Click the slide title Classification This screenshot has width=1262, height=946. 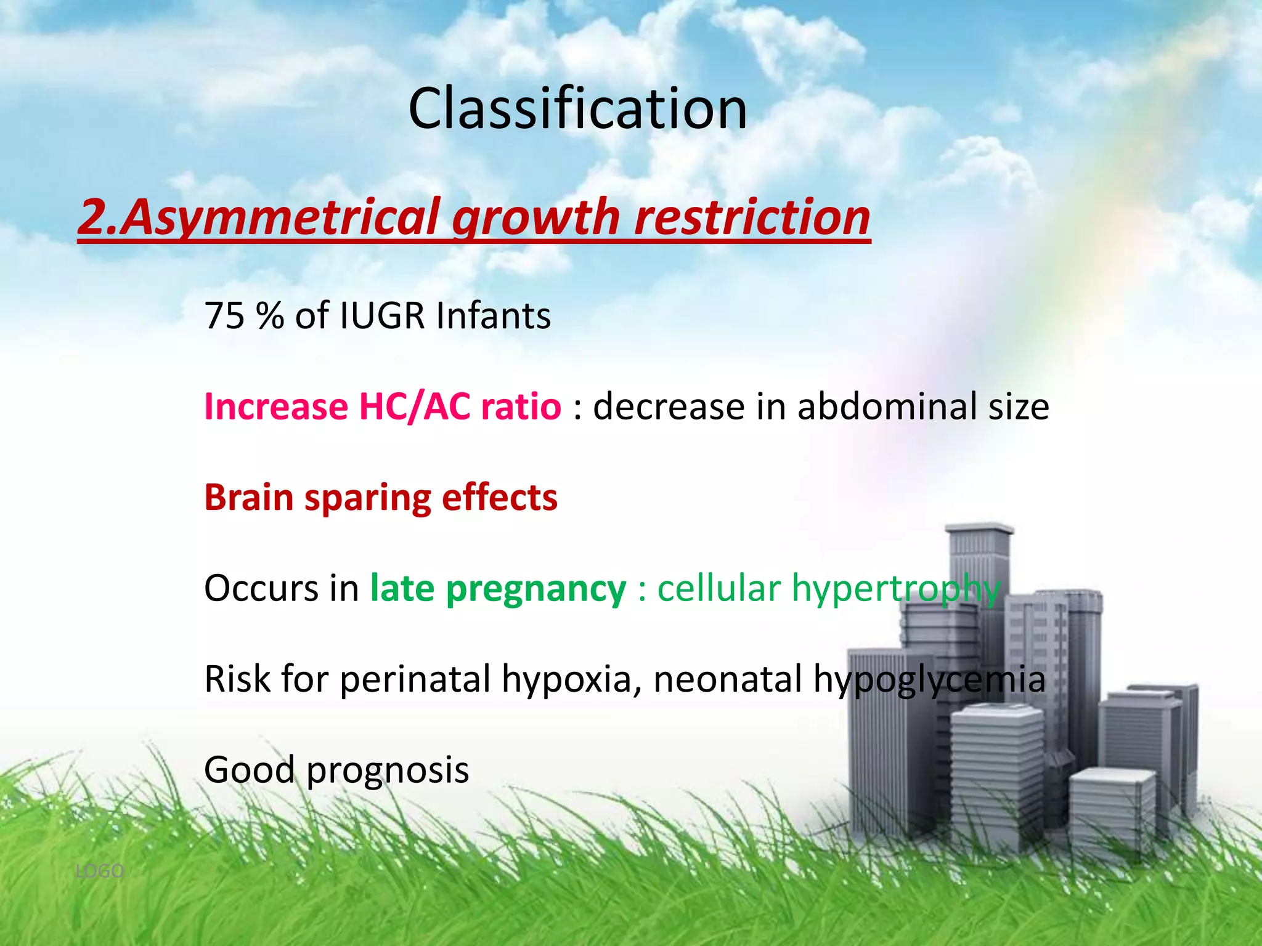[577, 108]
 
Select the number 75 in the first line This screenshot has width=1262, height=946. [224, 315]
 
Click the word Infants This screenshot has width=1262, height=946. [493, 315]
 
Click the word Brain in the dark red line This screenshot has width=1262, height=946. [248, 497]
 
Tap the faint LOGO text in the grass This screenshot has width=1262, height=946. [99, 871]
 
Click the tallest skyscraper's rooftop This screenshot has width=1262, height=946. [980, 529]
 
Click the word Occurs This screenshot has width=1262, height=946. [261, 588]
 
